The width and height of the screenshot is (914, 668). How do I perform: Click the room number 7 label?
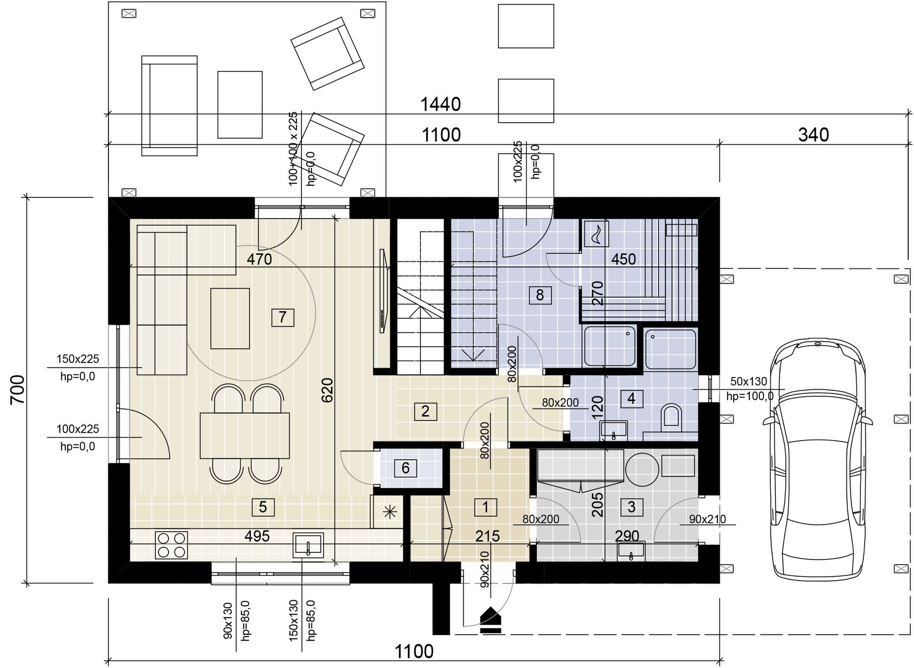pos(282,317)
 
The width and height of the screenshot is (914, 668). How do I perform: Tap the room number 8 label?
pos(540,295)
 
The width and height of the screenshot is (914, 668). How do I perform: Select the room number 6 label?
pos(405,468)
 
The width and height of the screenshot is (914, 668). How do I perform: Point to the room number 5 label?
pos(263,507)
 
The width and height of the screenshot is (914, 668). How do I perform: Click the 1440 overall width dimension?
pos(440,105)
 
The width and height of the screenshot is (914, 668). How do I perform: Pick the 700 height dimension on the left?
pos(18,389)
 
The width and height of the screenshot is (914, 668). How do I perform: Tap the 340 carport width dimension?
pos(813,135)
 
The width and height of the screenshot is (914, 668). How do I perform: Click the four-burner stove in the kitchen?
pos(171,545)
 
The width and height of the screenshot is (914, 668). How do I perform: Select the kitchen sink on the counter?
pos(308,545)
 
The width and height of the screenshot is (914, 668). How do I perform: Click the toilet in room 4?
pos(671,417)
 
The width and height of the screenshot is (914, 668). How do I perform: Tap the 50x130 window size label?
pos(749,381)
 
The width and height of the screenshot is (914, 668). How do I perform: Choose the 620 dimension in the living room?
pos(327,390)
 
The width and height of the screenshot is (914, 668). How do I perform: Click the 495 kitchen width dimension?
pos(257,536)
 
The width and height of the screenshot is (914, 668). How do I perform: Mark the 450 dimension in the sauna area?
pos(623,259)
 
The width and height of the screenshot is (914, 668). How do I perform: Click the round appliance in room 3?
pos(642,469)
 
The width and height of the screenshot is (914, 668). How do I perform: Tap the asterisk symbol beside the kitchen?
pos(390,512)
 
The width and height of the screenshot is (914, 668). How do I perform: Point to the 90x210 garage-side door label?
pos(707,519)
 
